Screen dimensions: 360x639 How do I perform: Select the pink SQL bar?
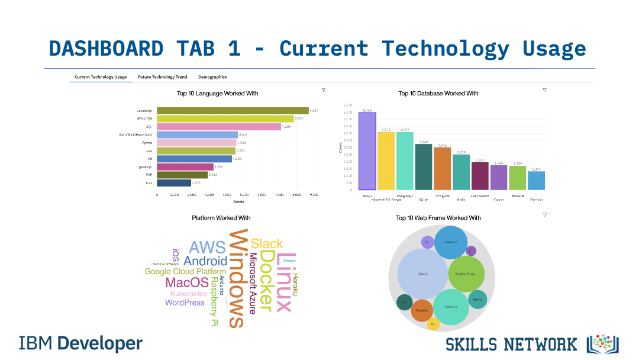pyautogui.click(x=219, y=127)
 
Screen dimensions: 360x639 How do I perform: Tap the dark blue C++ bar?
pyautogui.click(x=174, y=183)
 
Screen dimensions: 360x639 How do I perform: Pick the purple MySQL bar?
pyautogui.click(x=367, y=151)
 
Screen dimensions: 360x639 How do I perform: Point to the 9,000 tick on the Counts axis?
pyautogui.click(x=314, y=194)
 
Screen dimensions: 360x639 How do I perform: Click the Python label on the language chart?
pyautogui.click(x=147, y=143)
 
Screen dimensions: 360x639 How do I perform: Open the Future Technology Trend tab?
pyautogui.click(x=162, y=77)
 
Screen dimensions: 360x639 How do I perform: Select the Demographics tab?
pyautogui.click(x=212, y=77)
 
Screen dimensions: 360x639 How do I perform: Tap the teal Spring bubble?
pyautogui.click(x=478, y=300)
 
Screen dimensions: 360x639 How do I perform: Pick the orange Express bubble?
pyautogui.click(x=422, y=310)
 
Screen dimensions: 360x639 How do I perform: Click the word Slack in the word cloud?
pyautogui.click(x=267, y=243)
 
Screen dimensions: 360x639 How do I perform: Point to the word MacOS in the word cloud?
pyautogui.click(x=187, y=282)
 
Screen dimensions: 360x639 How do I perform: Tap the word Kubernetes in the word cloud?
pyautogui.click(x=189, y=294)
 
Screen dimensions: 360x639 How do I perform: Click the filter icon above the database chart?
pyautogui.click(x=544, y=90)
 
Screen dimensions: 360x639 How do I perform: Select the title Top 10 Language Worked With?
pyautogui.click(x=217, y=94)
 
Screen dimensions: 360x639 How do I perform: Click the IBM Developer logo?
pyautogui.click(x=81, y=343)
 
